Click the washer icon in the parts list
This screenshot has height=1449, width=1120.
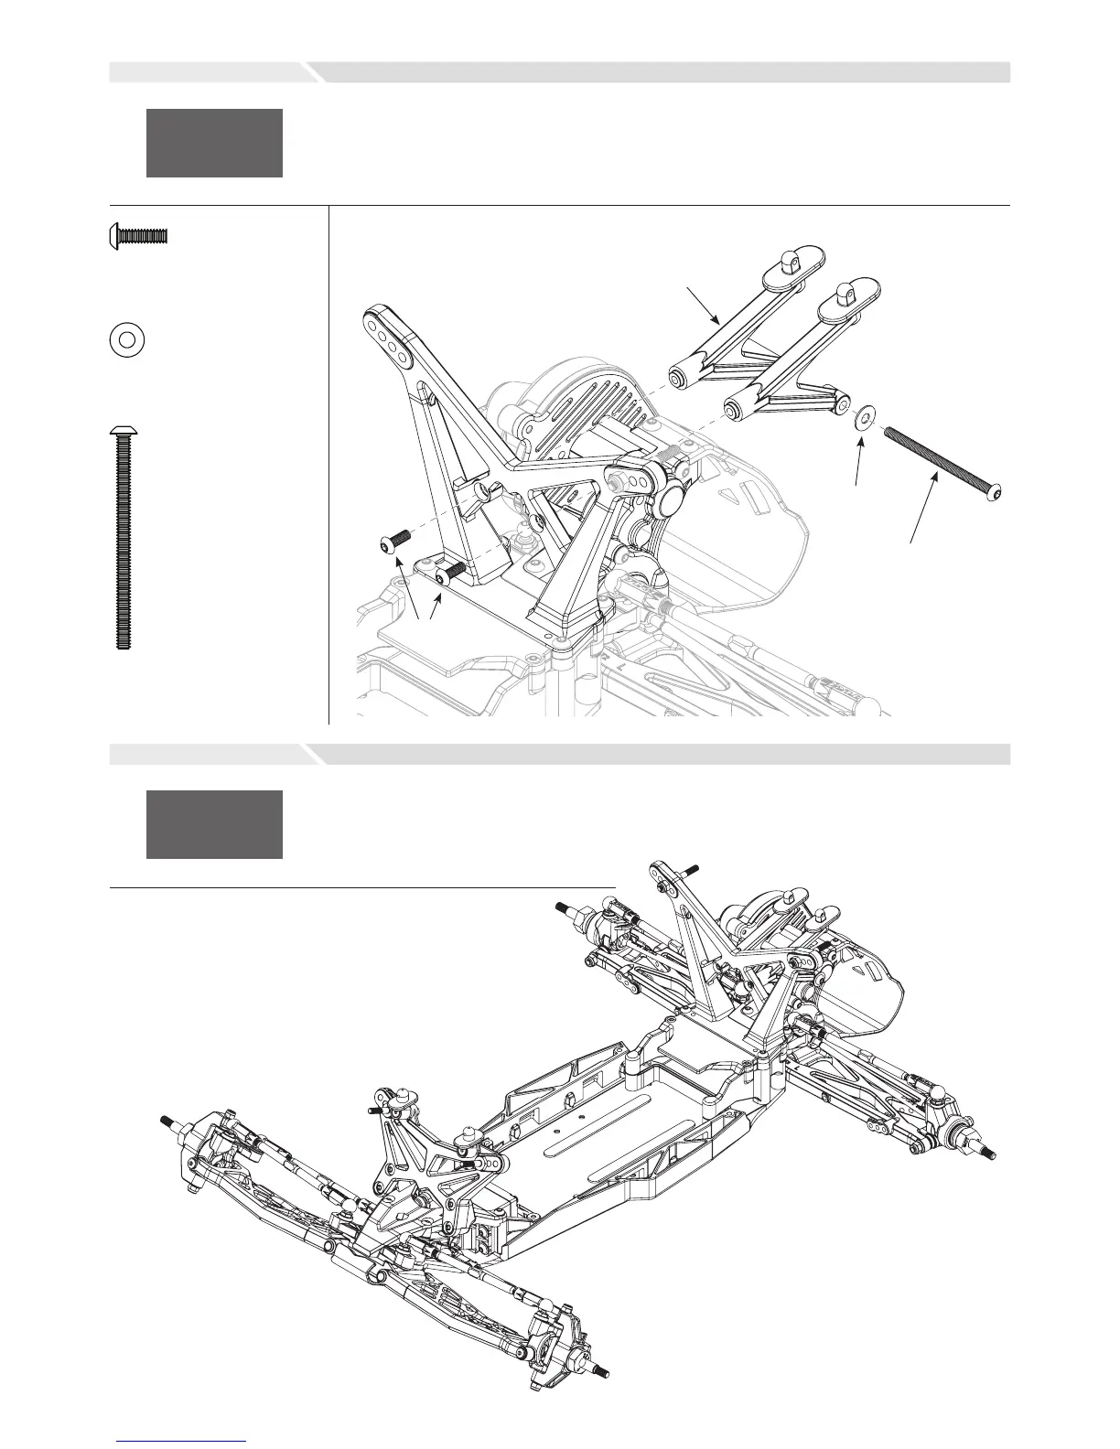(128, 339)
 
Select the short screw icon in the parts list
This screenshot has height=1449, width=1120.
(139, 236)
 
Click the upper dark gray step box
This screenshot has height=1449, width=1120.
(214, 143)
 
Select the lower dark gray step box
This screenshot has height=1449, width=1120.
(214, 824)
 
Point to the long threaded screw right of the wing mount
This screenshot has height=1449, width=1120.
(942, 462)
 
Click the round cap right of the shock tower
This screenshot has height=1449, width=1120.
(674, 499)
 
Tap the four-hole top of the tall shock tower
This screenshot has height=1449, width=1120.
(386, 334)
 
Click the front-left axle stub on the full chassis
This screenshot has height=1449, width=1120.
(168, 1122)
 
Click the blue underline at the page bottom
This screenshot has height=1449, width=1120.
(181, 1441)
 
